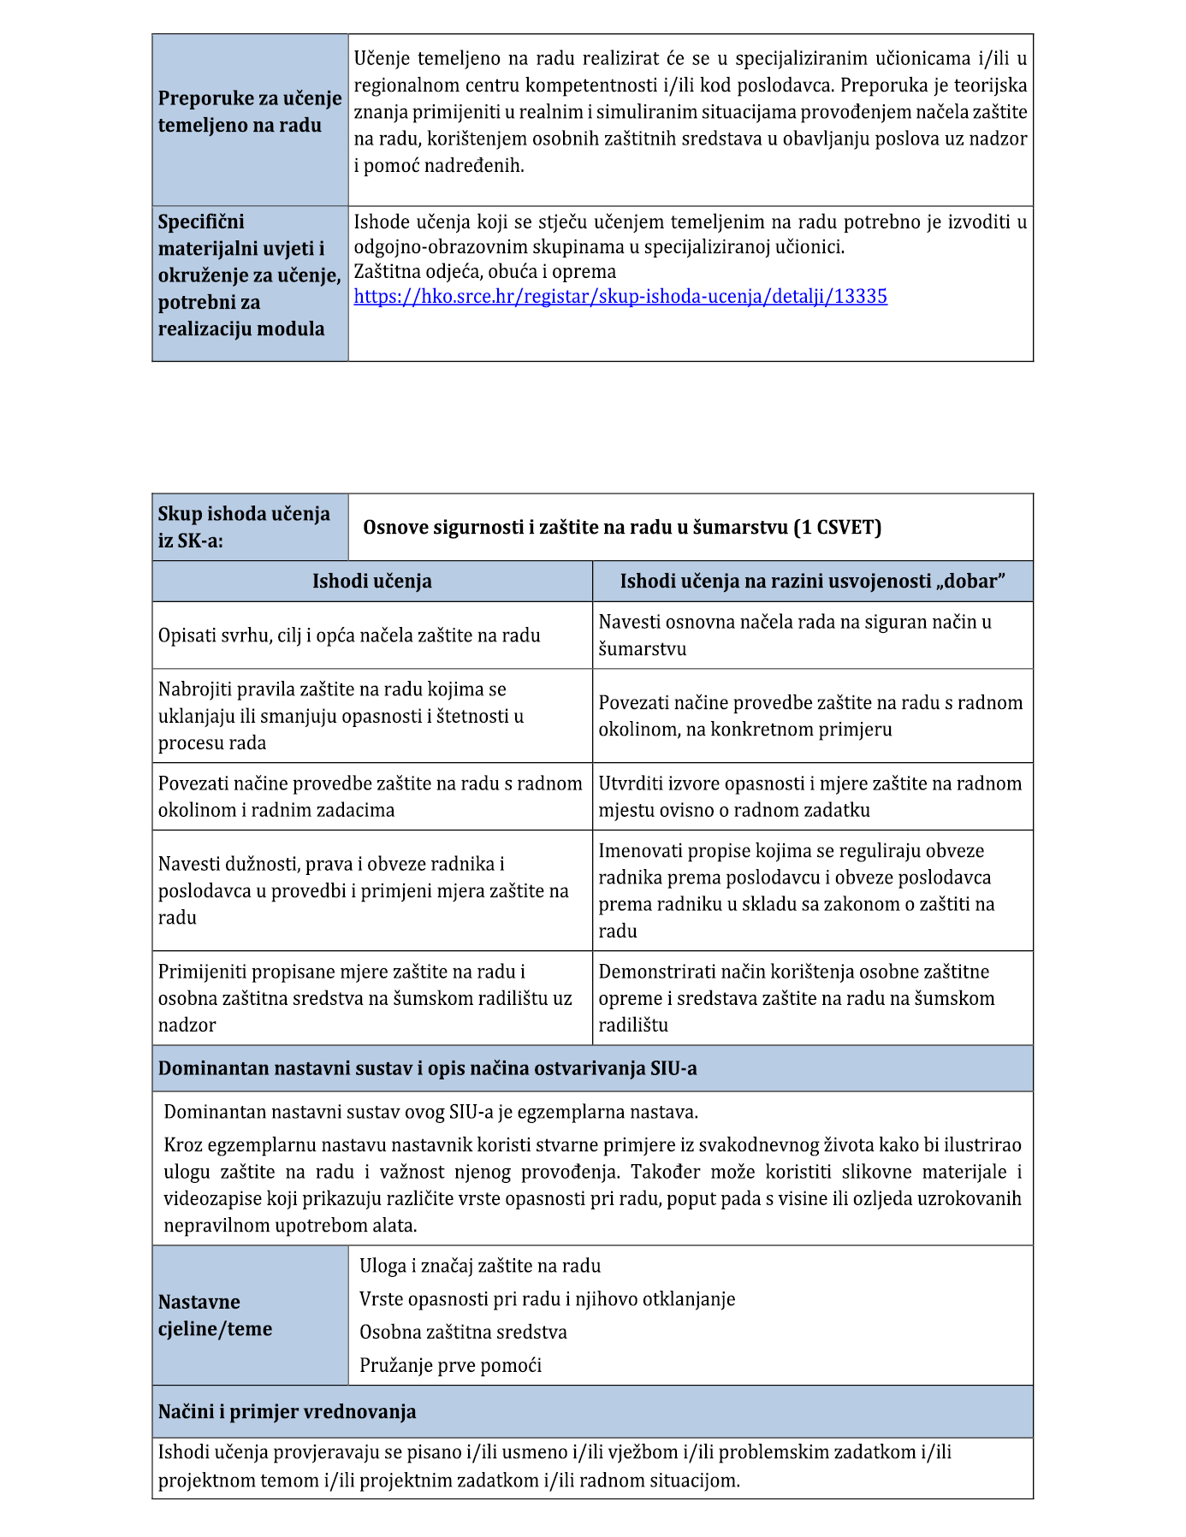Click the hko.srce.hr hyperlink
pos(620,297)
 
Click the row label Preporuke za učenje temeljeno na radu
pos(250,112)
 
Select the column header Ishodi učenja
pos(371,582)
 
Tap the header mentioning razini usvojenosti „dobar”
pos(812,582)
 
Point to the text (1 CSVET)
pos(837,527)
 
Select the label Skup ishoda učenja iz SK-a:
pos(244,527)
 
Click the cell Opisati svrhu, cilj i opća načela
pos(349,635)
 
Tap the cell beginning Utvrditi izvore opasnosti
pos(809,796)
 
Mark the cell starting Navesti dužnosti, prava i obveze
pos(364,890)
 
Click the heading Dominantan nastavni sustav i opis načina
pos(427,1068)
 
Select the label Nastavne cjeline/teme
pos(216,1315)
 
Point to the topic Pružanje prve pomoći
pos(450,1365)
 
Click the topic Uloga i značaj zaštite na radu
pos(480,1266)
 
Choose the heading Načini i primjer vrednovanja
pos(287,1411)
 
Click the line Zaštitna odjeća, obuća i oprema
pos(484,272)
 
